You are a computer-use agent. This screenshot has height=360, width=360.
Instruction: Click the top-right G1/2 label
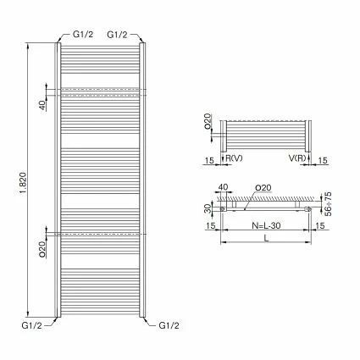click(x=118, y=34)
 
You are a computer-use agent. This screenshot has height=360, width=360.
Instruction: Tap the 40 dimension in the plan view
click(x=224, y=187)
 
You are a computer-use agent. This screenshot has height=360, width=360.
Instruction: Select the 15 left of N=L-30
click(x=208, y=226)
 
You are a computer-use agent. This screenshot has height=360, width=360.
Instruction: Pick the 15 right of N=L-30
click(x=321, y=226)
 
